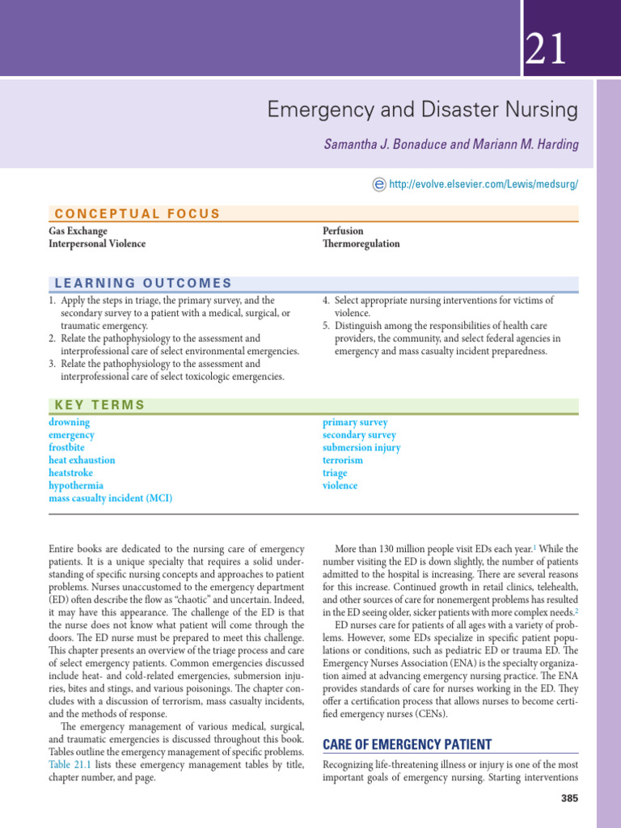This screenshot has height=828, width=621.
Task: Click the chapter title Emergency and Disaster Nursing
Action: (x=423, y=109)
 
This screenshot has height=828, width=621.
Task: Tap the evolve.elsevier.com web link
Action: (x=484, y=184)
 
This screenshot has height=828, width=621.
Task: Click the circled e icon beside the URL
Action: (x=378, y=184)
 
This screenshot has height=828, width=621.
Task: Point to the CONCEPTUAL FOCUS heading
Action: (x=137, y=213)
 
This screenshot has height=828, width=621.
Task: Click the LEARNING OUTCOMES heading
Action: (x=142, y=283)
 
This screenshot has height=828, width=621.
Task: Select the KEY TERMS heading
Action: (x=99, y=405)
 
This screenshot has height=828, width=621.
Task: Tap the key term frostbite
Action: (x=66, y=447)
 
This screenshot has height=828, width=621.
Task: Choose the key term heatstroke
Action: (x=70, y=473)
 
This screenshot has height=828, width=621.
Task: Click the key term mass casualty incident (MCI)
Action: (x=110, y=498)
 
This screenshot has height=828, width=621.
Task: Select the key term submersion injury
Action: (x=361, y=447)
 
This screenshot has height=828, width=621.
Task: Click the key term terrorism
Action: (x=343, y=460)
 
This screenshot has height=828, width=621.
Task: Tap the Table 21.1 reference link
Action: (x=70, y=763)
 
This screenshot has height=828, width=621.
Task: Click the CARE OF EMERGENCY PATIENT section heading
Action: (x=407, y=744)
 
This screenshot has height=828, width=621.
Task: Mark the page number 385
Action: (x=569, y=799)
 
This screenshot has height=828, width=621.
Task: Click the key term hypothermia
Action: (x=76, y=486)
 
